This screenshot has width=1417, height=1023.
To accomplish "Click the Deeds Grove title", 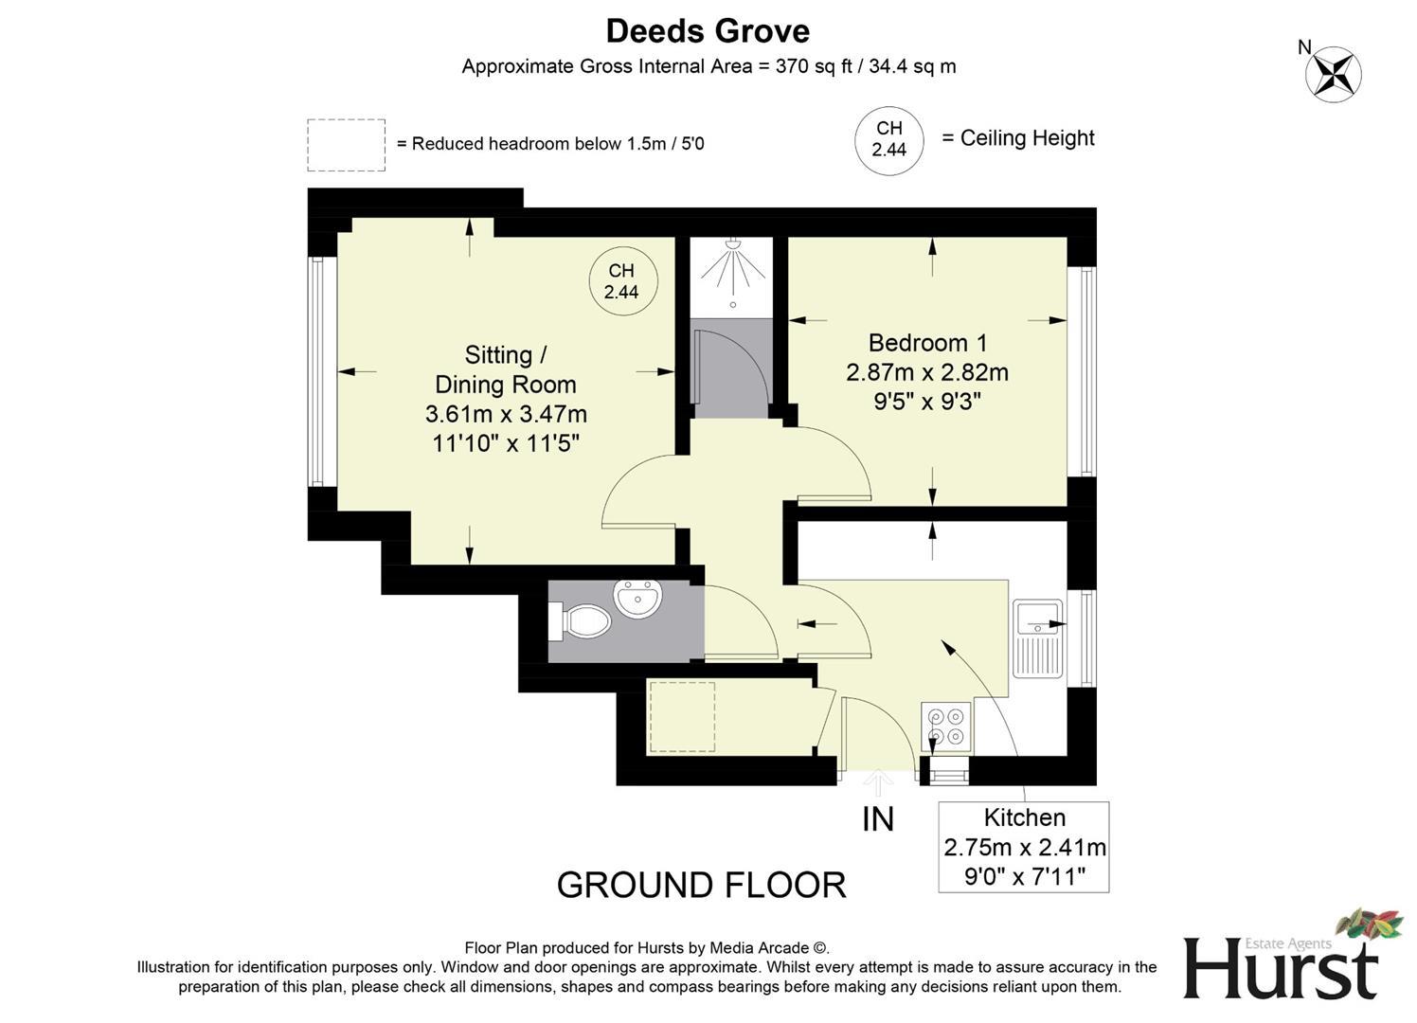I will click(708, 31).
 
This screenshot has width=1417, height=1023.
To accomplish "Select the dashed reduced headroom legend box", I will click(346, 145).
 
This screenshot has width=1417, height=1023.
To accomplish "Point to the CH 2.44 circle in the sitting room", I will click(621, 281).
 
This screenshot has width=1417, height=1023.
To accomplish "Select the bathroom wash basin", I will click(638, 598).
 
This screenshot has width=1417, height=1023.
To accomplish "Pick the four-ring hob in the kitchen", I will click(946, 726).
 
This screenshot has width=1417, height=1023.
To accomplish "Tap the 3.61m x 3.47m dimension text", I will click(506, 414).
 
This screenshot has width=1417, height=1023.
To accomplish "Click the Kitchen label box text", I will click(1024, 817).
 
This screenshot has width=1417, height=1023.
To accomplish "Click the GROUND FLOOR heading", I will click(701, 885).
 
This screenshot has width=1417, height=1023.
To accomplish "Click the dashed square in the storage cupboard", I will click(681, 717).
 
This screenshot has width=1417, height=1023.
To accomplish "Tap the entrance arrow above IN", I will click(879, 782).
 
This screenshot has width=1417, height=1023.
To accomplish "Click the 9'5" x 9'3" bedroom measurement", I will click(926, 402).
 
